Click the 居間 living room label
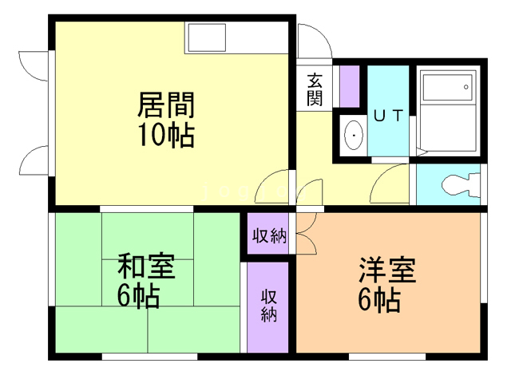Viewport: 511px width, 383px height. (166, 104)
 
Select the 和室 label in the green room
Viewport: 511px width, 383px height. (145, 266)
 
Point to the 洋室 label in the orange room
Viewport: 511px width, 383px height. (388, 270)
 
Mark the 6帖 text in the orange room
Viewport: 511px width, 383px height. (379, 300)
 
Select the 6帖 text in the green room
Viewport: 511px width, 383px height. (137, 295)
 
